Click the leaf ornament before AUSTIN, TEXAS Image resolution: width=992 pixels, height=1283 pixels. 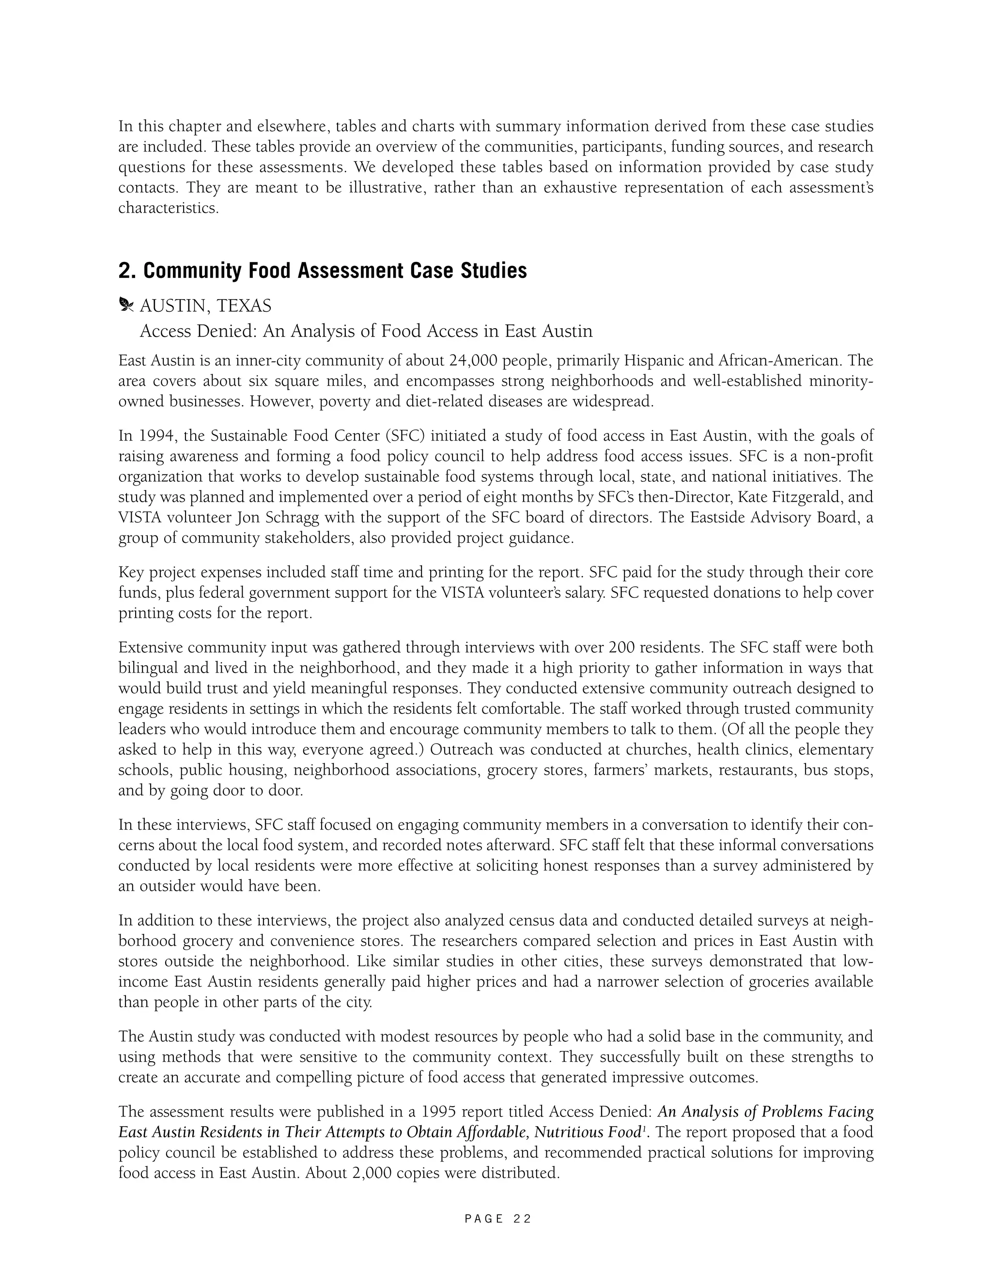pyautogui.click(x=126, y=305)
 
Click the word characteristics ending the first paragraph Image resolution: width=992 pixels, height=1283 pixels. pyautogui.click(x=168, y=208)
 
